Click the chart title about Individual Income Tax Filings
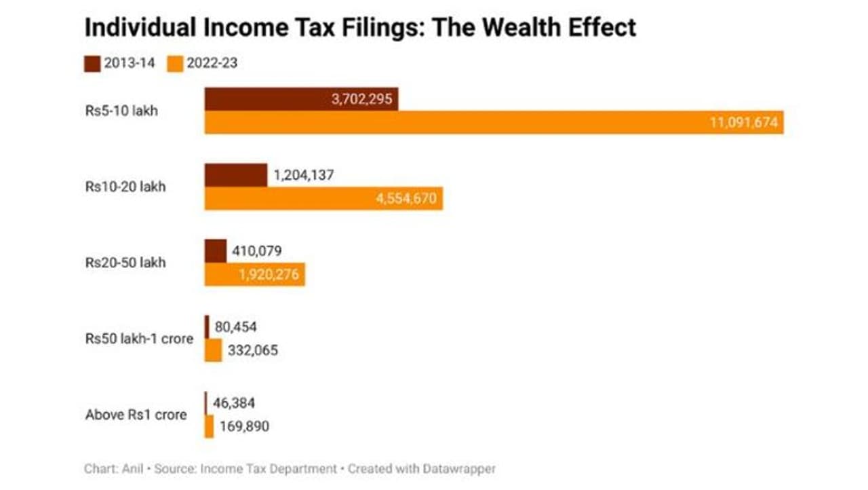click(x=360, y=28)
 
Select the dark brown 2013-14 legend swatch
click(x=92, y=64)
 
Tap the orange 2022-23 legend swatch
click(x=176, y=64)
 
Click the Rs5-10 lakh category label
click(x=121, y=110)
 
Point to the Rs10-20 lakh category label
click(x=125, y=187)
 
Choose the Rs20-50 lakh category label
click(x=125, y=263)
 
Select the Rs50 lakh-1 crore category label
click(x=139, y=338)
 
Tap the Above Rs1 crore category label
click(x=136, y=415)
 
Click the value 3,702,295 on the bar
click(x=361, y=99)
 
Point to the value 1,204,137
click(x=304, y=175)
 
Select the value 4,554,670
click(x=406, y=199)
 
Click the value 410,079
click(x=257, y=251)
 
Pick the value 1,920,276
click(x=267, y=275)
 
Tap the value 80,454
click(x=236, y=327)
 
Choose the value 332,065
click(x=252, y=351)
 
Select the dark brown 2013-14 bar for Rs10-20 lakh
click(x=235, y=175)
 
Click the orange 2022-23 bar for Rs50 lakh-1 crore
click(x=213, y=351)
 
